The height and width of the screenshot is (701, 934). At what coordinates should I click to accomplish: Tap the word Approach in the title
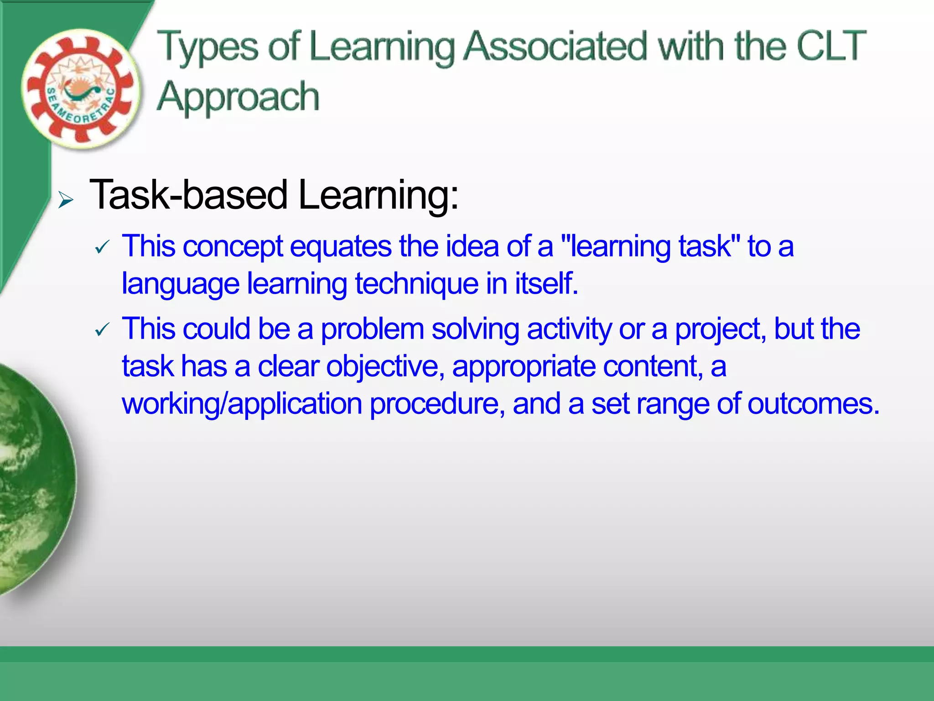[x=238, y=97]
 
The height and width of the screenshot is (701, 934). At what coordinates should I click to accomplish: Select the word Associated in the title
[x=555, y=46]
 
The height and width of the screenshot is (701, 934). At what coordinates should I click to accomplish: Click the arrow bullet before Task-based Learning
[x=66, y=200]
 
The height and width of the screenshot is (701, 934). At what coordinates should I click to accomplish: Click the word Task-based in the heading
[x=188, y=195]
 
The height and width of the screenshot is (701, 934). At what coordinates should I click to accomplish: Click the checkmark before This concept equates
[x=102, y=247]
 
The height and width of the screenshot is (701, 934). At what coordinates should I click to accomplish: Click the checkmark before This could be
[x=102, y=330]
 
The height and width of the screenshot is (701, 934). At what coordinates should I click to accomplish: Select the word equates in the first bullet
[x=340, y=247]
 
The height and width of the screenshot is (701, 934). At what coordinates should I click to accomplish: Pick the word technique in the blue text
[x=416, y=284]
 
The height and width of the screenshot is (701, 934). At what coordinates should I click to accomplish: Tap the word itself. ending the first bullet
[x=546, y=284]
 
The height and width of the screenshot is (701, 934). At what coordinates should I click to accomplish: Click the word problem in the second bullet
[x=372, y=329]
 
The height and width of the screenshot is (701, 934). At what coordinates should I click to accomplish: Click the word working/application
[x=242, y=404]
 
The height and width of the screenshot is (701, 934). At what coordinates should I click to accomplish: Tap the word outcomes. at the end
[x=813, y=404]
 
